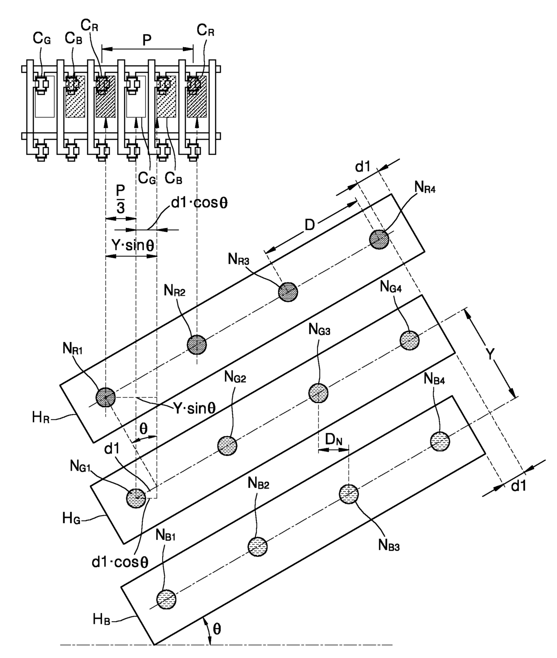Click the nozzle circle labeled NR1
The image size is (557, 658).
(106, 397)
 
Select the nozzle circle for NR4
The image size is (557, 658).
(379, 239)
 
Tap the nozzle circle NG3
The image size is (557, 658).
(318, 393)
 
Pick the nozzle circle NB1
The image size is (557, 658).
(167, 599)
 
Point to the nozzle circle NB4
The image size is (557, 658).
(440, 441)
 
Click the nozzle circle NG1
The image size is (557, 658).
(136, 498)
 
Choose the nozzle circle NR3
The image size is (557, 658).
(288, 292)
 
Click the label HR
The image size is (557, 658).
(41, 417)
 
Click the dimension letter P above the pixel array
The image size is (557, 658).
(147, 40)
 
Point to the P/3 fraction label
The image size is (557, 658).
(120, 199)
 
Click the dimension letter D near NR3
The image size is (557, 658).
(310, 225)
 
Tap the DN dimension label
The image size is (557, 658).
(334, 440)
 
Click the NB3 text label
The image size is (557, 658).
(389, 545)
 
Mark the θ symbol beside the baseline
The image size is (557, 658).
(217, 629)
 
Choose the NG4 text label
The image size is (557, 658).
(391, 287)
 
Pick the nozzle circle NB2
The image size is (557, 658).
(258, 547)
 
